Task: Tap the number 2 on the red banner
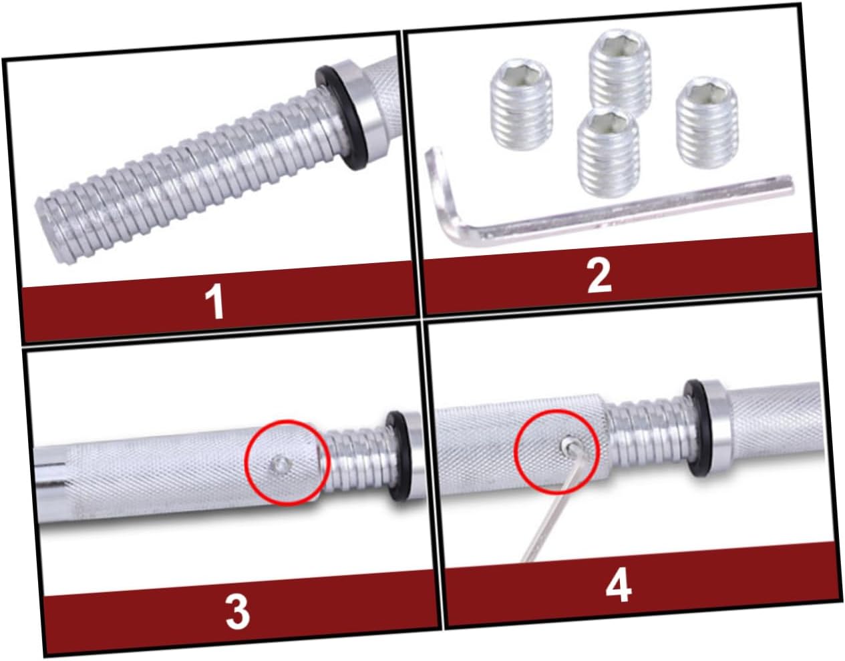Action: click(599, 276)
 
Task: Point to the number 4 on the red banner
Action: click(618, 586)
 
